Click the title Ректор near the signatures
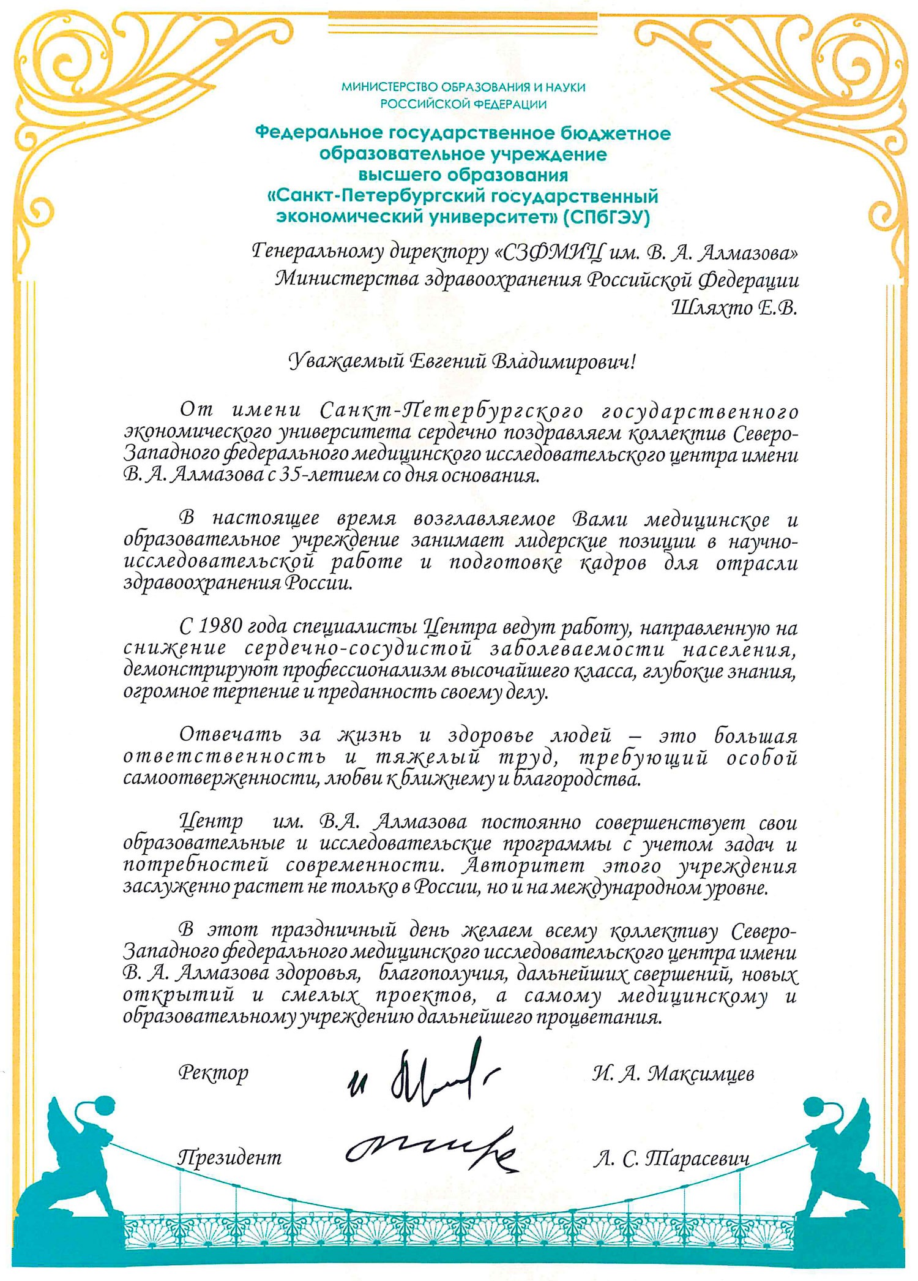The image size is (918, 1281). tap(214, 1072)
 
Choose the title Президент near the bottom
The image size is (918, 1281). tap(229, 1157)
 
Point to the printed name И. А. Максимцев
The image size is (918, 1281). tap(673, 1073)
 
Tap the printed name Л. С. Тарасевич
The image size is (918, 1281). tap(671, 1158)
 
